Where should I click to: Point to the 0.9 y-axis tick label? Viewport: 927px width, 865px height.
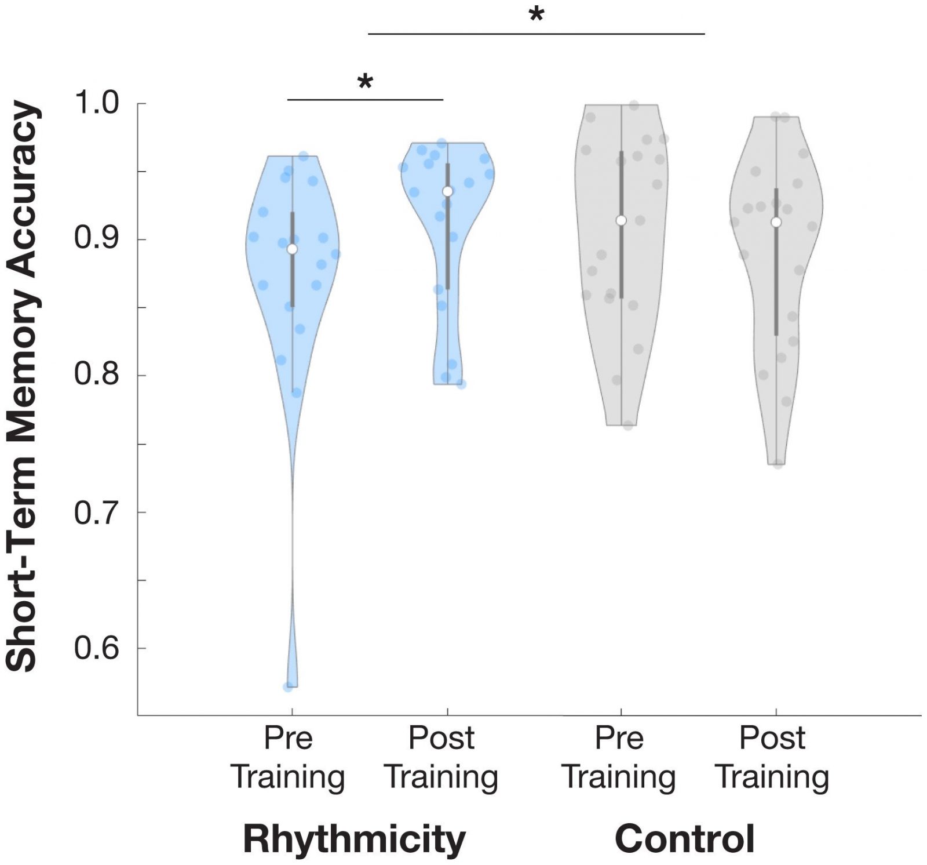coord(96,239)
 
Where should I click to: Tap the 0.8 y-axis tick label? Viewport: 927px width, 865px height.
coord(96,375)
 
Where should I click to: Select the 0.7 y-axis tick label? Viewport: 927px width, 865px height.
coord(96,512)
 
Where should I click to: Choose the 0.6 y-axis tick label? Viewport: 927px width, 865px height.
coord(96,648)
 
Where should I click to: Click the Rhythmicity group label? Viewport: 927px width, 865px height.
coord(354,839)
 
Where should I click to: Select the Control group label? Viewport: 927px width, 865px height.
coord(684,839)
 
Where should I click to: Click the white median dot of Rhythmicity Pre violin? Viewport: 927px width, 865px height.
coord(292,249)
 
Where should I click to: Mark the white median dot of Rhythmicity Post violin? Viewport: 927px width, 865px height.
coord(447,191)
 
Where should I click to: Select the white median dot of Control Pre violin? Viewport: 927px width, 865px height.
coord(621,220)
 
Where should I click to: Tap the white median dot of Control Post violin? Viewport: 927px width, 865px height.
coord(776,222)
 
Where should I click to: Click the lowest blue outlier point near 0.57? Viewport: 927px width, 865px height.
coord(288,687)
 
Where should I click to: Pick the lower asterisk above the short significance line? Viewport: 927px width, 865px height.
coord(365,82)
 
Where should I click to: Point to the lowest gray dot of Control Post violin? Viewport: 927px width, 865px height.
coord(778,464)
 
